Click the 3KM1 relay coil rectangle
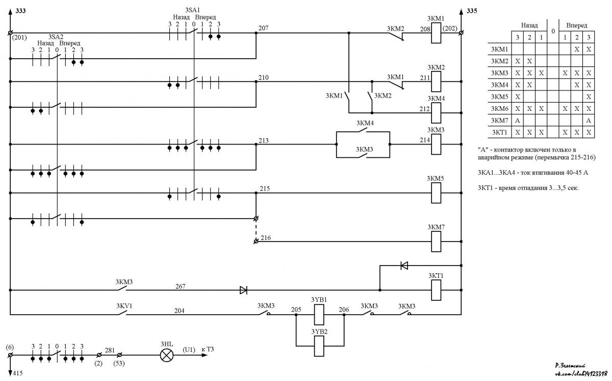[436, 33]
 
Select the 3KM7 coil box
[436, 242]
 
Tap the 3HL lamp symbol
[167, 355]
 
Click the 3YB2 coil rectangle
[319, 346]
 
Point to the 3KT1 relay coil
[436, 290]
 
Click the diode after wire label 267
[243, 290]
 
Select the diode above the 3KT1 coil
[404, 265]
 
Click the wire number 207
[263, 28]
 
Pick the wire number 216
[266, 237]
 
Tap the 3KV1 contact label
[124, 306]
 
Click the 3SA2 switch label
[56, 37]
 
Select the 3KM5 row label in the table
[499, 97]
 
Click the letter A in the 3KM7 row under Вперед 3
[589, 121]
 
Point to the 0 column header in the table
[553, 31]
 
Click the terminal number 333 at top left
[20, 11]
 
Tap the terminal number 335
[472, 11]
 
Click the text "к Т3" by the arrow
[208, 349]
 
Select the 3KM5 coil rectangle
[436, 193]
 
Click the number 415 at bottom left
[18, 373]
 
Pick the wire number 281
[110, 350]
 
